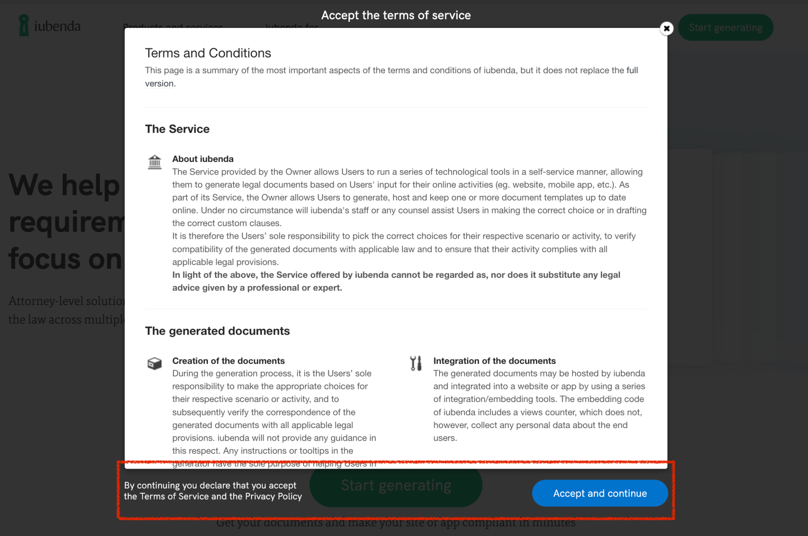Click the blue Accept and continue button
[x=600, y=493]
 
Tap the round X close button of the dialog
[x=666, y=28]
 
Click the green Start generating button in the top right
[x=725, y=28]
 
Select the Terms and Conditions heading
[x=208, y=53]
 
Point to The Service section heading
[x=177, y=129]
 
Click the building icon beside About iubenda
[x=155, y=162]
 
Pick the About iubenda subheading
[x=203, y=159]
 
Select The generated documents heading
[x=217, y=331]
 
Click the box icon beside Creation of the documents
[x=154, y=363]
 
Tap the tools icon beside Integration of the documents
[x=415, y=363]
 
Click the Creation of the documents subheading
[x=228, y=361]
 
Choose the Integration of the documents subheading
[x=494, y=361]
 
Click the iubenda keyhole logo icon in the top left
[x=24, y=26]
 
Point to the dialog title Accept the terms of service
[x=396, y=15]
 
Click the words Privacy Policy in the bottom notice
[x=273, y=496]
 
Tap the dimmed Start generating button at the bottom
[x=396, y=486]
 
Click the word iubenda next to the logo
[x=58, y=26]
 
